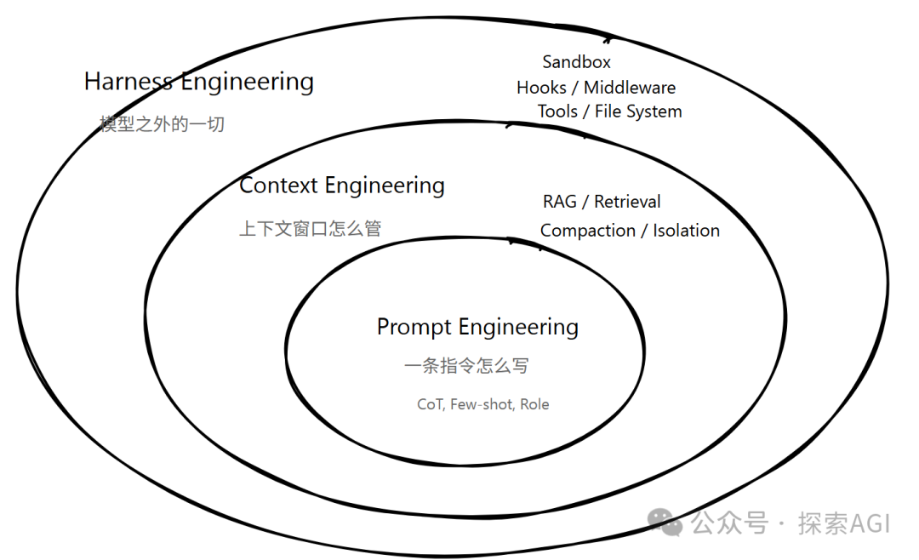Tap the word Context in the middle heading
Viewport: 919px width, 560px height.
pyautogui.click(x=278, y=186)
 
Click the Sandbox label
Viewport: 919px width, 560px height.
pyautogui.click(x=576, y=62)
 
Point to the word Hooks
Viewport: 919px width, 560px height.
pyautogui.click(x=541, y=88)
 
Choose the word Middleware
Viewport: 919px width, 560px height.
pyautogui.click(x=630, y=88)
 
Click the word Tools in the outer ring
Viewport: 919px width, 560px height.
pyautogui.click(x=557, y=111)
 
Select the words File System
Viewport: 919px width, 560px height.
pyautogui.click(x=638, y=111)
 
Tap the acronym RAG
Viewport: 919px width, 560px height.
pyautogui.click(x=559, y=202)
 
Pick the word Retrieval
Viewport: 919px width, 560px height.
pyautogui.click(x=627, y=202)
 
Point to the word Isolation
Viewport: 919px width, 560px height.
pyautogui.click(x=686, y=231)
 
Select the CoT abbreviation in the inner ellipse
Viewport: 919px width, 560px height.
pyautogui.click(x=430, y=405)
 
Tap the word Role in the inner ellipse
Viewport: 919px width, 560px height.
pyautogui.click(x=534, y=405)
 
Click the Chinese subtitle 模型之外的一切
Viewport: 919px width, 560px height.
pyautogui.click(x=162, y=124)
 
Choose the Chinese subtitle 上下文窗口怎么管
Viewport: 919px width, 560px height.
pyautogui.click(x=310, y=229)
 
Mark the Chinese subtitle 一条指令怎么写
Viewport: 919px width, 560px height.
pyautogui.click(x=466, y=366)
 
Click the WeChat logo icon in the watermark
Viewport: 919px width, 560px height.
pyautogui.click(x=665, y=522)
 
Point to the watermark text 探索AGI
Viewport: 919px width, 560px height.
pyautogui.click(x=843, y=523)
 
